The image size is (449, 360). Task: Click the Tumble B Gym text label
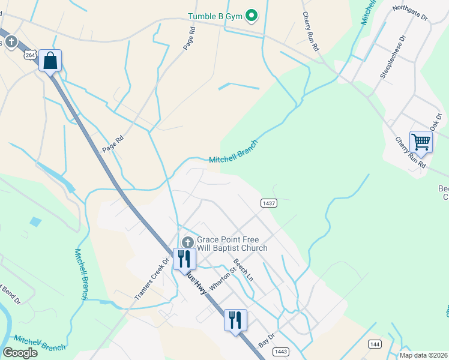[214, 16]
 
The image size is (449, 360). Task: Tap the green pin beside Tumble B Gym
[252, 16]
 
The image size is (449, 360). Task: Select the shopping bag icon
[50, 61]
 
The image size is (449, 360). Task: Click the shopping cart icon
[421, 142]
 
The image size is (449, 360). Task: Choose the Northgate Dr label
[410, 13]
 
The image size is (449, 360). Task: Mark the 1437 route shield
[268, 203]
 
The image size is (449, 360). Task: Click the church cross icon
[187, 242]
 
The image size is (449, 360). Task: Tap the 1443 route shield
[279, 350]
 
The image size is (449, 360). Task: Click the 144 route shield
[375, 344]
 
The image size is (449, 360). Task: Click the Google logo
[20, 352]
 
